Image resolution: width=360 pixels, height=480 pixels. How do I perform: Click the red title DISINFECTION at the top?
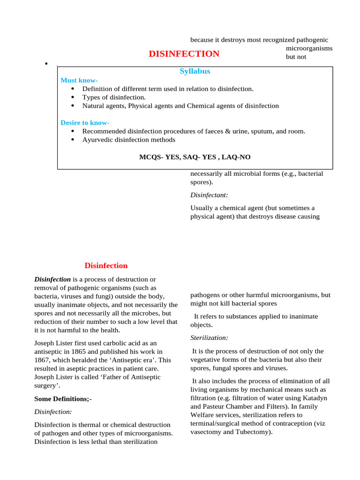point(184,54)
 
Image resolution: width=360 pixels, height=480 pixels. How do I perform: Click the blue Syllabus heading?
point(195,71)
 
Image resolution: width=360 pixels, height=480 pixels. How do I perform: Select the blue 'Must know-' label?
point(79,80)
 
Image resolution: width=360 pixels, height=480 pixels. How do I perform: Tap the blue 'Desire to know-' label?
point(85,123)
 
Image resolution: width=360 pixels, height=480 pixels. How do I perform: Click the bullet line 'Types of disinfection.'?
point(114,97)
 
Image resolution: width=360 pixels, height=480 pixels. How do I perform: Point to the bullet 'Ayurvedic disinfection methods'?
point(129,140)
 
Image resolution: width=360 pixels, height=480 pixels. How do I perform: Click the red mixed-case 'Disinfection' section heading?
point(106,266)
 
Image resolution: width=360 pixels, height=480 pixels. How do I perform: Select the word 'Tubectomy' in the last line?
point(252,432)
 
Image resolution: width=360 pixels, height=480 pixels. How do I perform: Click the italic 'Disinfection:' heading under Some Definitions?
point(53,412)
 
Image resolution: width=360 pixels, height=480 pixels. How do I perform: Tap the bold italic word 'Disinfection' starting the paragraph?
point(52,279)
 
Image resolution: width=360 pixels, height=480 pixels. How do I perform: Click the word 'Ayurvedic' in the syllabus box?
point(97,140)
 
